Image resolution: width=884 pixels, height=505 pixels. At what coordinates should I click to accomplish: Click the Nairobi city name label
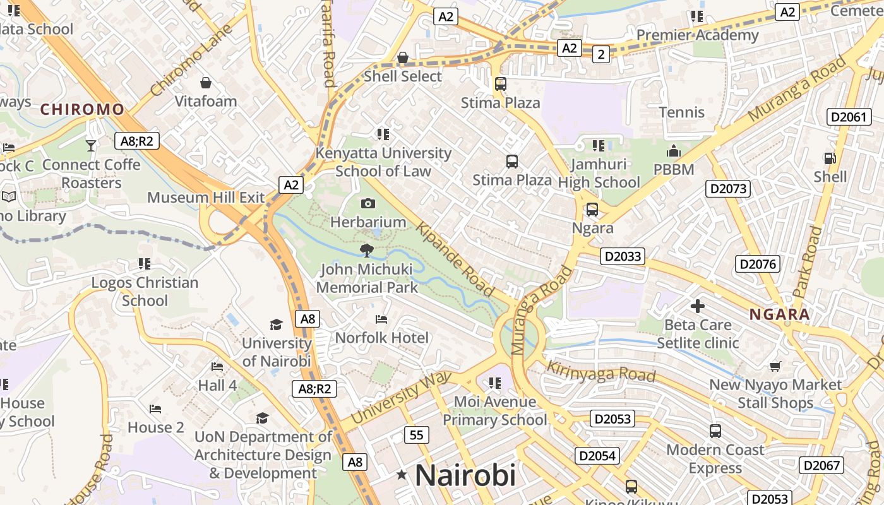[x=465, y=475]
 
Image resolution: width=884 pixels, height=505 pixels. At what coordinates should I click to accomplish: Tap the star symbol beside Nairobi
[x=401, y=475]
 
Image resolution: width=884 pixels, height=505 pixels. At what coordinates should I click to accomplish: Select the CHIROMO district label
[x=82, y=109]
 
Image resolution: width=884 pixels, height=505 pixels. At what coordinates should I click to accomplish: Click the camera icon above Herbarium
[x=368, y=203]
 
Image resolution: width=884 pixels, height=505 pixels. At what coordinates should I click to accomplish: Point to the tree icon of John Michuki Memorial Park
[x=367, y=251]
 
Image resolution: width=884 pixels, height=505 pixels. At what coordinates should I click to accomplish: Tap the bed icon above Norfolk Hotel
[x=381, y=319]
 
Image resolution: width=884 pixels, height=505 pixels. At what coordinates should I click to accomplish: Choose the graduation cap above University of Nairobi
[x=276, y=324]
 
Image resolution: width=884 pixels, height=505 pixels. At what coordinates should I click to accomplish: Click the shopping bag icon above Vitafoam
[x=206, y=83]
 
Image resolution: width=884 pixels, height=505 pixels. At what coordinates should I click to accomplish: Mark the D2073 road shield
[x=727, y=188]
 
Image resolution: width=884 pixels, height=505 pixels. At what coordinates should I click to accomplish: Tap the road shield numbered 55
[x=415, y=435]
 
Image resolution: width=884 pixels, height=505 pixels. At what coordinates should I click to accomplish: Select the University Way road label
[x=402, y=398]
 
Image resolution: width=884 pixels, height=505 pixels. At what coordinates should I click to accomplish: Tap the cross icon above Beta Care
[x=697, y=307]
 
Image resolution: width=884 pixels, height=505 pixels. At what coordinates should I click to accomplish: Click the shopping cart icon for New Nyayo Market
[x=775, y=366]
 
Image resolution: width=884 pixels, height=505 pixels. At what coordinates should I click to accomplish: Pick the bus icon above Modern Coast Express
[x=715, y=431]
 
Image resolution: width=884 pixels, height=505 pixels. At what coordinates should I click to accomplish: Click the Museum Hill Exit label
[x=206, y=198]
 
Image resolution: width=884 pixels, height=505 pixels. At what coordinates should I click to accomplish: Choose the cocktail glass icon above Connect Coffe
[x=91, y=146]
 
